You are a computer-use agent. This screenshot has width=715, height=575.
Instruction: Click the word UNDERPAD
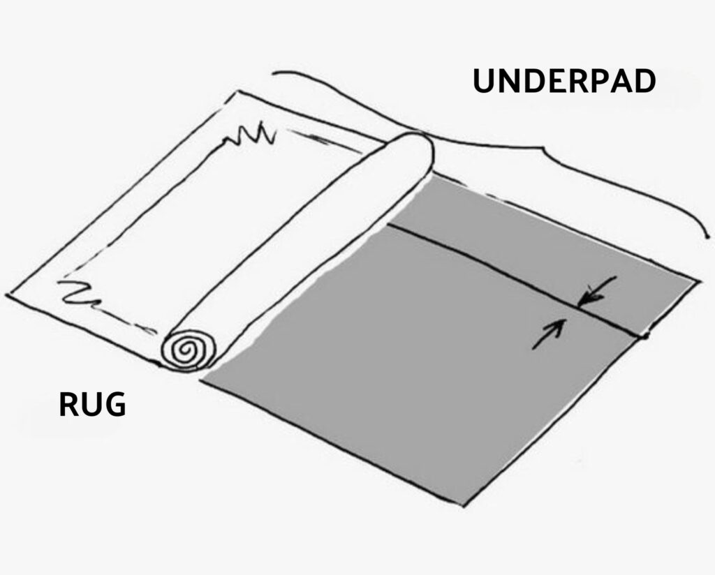pos(564,81)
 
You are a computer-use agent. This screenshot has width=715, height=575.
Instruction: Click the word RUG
pos(92,405)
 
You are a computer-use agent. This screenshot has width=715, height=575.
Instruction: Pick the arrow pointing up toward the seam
pos(549,334)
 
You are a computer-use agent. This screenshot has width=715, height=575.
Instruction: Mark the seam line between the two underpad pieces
pos(516,279)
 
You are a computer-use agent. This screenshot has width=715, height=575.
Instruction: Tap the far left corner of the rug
pos(6,294)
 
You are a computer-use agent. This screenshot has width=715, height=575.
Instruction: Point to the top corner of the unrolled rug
pos(237,91)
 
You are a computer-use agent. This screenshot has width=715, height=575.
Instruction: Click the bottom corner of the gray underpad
pos(464,505)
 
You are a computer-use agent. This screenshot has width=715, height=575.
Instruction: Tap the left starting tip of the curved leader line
pos(273,73)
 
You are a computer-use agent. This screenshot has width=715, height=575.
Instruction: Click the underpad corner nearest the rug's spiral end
pos(202,380)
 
